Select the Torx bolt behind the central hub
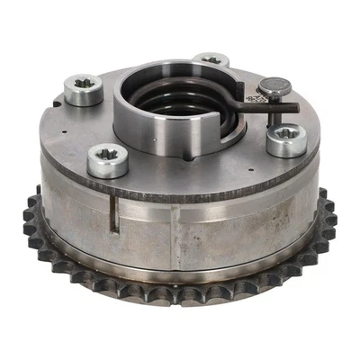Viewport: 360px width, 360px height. pos(211,61)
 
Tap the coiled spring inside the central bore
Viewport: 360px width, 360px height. pos(181,100)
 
